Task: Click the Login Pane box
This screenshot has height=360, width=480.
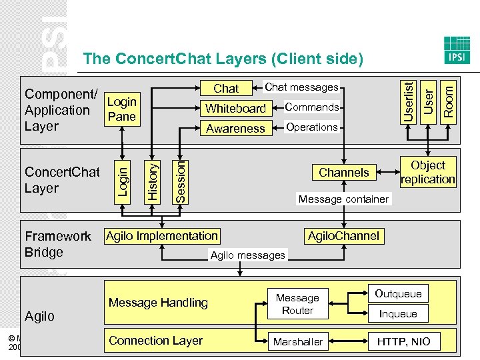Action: click(121, 109)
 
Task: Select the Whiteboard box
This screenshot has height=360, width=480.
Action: click(235, 108)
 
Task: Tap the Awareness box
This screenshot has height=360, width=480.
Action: click(235, 128)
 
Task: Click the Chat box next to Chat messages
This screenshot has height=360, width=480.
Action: click(226, 88)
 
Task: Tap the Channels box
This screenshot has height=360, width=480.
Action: click(343, 172)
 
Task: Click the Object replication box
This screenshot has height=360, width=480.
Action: click(428, 172)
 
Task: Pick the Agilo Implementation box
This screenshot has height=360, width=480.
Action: click(162, 235)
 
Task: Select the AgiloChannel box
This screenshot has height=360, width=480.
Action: click(343, 235)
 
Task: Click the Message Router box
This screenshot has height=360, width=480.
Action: click(297, 304)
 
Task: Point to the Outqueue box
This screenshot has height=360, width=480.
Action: click(398, 294)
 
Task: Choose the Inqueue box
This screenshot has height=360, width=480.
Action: click(398, 313)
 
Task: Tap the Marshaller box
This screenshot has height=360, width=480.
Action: click(297, 341)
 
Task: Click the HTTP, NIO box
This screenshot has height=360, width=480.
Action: click(403, 341)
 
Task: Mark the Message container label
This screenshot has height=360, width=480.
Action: click(343, 199)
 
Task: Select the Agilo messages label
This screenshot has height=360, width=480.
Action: click(247, 255)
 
